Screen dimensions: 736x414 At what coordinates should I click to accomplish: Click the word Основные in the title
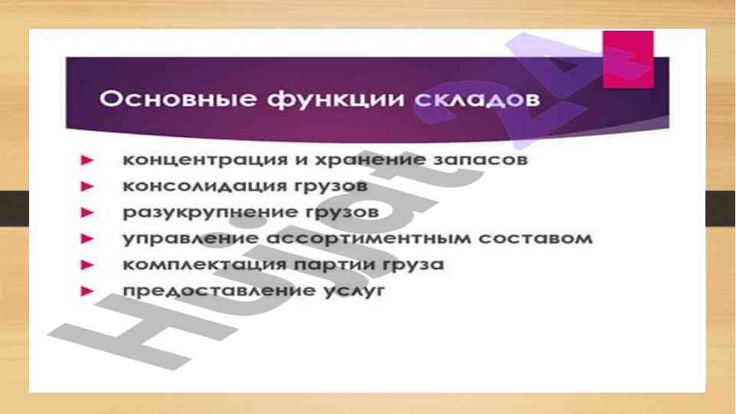click(178, 99)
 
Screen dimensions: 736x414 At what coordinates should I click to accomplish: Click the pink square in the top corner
click(628, 59)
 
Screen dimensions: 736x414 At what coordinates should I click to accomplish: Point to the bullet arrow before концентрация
click(87, 160)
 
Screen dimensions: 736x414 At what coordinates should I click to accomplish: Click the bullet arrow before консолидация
click(87, 186)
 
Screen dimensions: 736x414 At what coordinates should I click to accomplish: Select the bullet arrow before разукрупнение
click(87, 213)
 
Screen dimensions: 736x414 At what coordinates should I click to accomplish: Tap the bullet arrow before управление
click(87, 238)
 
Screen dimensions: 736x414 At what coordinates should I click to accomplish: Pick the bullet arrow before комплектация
click(87, 265)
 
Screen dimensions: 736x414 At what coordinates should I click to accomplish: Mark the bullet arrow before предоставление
click(87, 291)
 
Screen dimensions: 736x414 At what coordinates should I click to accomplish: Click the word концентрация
click(205, 160)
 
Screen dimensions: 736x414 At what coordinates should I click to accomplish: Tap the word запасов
click(481, 159)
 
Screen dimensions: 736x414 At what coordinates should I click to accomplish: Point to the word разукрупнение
click(211, 213)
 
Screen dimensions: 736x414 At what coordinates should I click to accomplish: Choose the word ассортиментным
click(368, 238)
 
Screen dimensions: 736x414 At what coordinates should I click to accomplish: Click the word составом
click(535, 238)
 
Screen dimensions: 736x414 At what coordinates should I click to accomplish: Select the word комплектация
click(204, 265)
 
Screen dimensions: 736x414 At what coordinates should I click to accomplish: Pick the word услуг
click(354, 291)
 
